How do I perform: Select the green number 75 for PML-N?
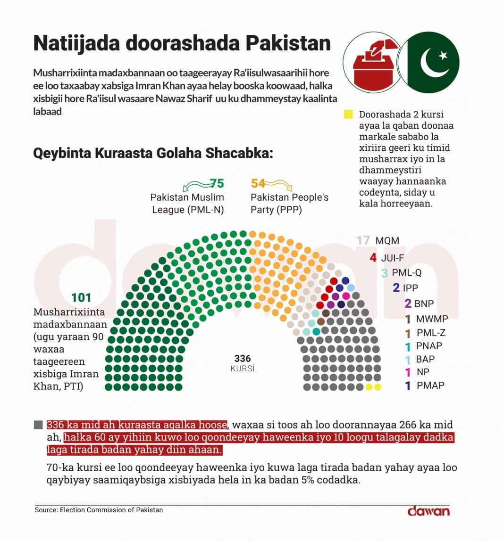click(x=217, y=183)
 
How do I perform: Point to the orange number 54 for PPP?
click(x=258, y=183)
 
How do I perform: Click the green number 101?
click(x=81, y=297)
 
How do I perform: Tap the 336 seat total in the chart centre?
click(x=242, y=359)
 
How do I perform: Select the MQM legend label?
click(x=387, y=241)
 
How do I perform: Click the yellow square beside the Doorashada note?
click(x=348, y=115)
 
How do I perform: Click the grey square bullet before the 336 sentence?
click(x=39, y=425)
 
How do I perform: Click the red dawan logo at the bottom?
click(x=428, y=511)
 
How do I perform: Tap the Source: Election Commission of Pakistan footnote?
click(x=99, y=510)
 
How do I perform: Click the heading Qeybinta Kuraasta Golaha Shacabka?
click(x=153, y=154)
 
